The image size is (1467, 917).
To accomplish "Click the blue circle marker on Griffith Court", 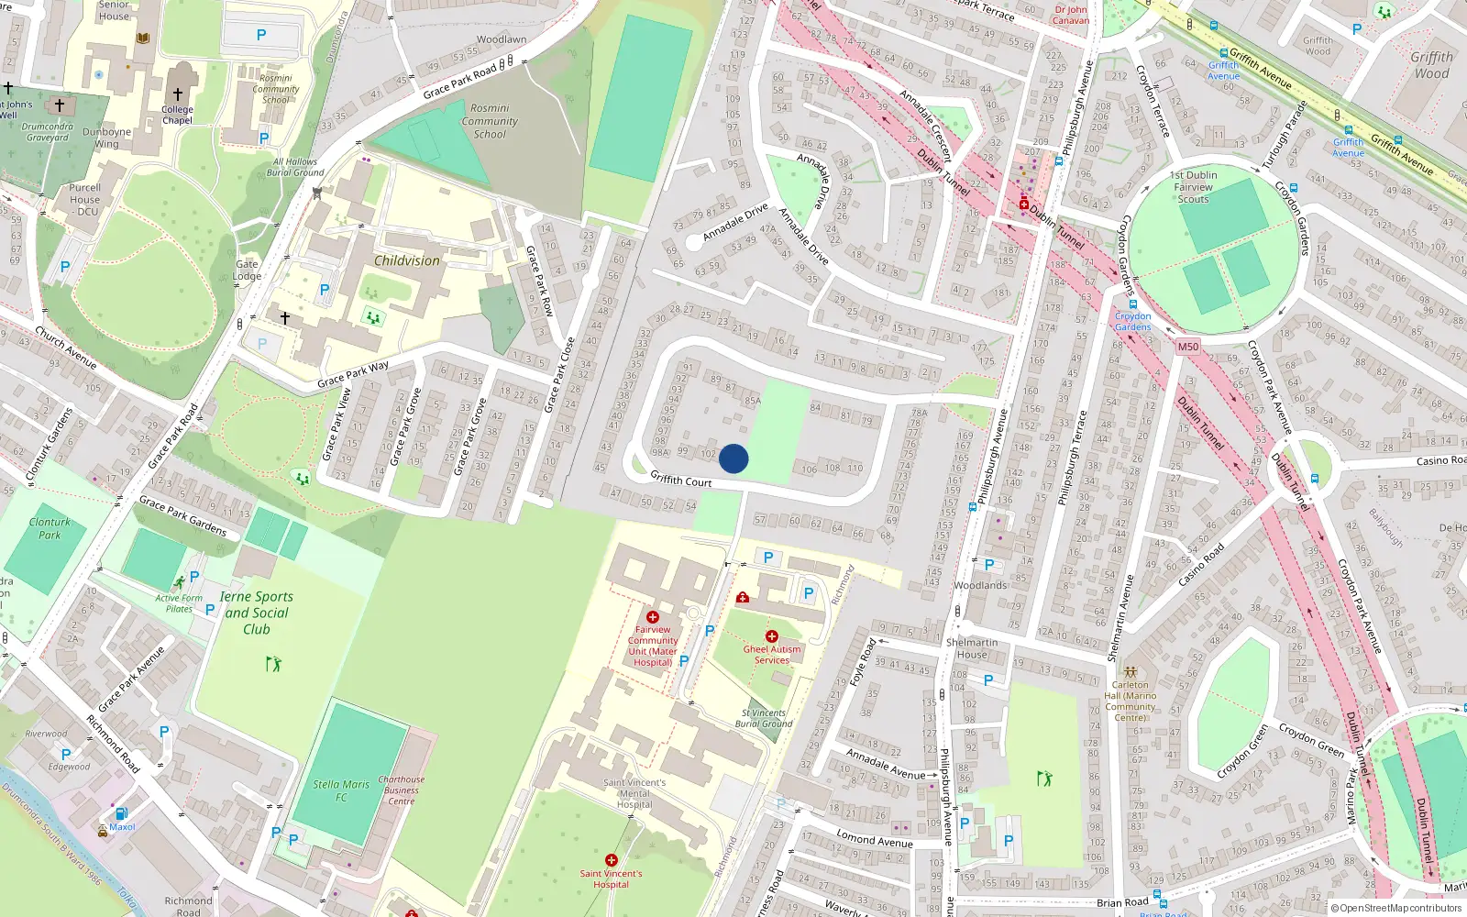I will pos(733,458).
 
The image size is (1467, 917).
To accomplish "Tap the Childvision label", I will pos(406,260).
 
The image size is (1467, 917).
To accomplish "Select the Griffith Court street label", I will pos(680,479).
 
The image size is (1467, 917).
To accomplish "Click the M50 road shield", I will pos(1187,347).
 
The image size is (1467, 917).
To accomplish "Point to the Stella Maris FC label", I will pos(341,790).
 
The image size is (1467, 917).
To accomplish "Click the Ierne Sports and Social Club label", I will pos(257,613).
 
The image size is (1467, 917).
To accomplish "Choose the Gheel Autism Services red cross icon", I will pos(772,636).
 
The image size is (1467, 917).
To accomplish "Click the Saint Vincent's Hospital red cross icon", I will pos(612,860).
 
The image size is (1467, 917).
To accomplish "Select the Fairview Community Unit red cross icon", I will pos(653,617).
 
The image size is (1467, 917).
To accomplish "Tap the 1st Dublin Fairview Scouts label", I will pos(1193,187).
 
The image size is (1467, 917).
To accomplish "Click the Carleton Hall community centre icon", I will pos(1130,671).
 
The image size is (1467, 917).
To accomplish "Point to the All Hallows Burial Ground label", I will pos(295,167).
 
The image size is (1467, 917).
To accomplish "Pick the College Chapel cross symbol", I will pos(178,94).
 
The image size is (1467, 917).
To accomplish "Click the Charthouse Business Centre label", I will pos(401,790).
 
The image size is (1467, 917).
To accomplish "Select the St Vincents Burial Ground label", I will pos(763,718).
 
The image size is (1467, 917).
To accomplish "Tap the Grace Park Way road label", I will pos(353,374).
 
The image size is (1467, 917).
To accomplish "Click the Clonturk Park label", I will pos(50,528).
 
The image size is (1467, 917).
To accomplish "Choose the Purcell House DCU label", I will pos(85,199).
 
